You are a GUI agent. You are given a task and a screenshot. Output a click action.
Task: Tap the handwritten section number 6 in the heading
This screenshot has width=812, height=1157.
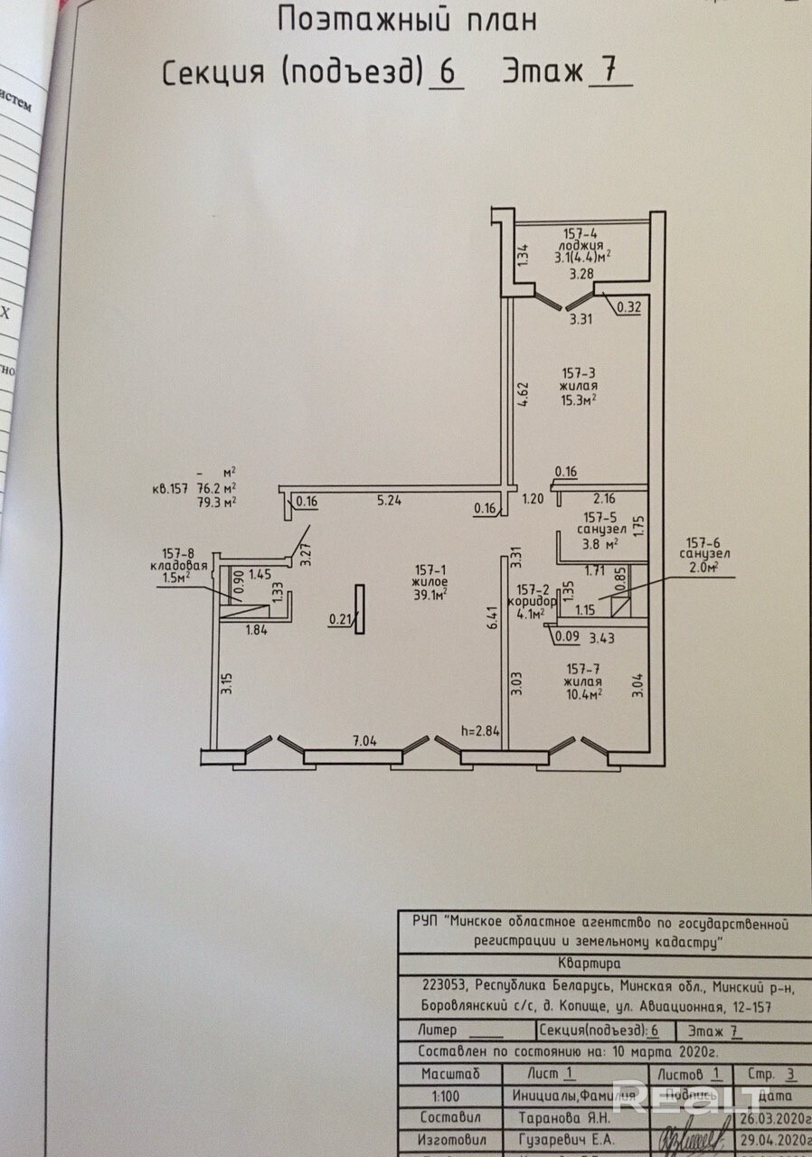pyautogui.click(x=444, y=72)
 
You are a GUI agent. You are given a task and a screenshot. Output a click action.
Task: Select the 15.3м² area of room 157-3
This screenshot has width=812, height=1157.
pyautogui.click(x=579, y=399)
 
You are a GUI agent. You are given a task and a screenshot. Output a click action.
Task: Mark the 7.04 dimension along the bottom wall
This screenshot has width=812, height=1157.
pyautogui.click(x=364, y=741)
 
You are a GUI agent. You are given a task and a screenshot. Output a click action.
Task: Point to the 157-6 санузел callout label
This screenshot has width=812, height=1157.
pyautogui.click(x=708, y=552)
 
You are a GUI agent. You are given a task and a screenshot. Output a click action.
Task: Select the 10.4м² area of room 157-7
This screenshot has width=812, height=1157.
pyautogui.click(x=581, y=693)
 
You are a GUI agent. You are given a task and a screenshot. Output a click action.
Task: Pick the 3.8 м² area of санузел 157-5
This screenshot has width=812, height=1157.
pyautogui.click(x=599, y=544)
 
